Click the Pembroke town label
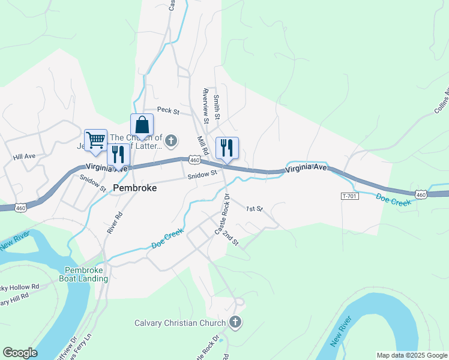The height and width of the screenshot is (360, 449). [x=134, y=188]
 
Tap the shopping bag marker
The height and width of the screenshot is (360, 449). [x=142, y=125]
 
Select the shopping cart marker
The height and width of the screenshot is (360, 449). [x=95, y=140]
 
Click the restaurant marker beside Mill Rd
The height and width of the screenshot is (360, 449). [x=227, y=148]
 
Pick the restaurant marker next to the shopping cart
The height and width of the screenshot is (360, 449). [x=118, y=154]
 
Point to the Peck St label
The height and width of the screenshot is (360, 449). [x=168, y=110]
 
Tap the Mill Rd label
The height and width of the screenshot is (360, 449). [x=203, y=146]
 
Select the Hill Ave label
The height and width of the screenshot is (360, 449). [x=25, y=157]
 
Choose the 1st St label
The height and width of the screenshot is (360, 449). [x=255, y=209]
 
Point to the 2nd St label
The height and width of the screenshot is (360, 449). [x=231, y=238]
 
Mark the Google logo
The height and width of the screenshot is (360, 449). [x=20, y=353]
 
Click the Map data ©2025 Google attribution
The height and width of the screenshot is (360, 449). [x=412, y=355]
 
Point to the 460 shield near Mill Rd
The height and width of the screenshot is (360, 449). [x=193, y=160]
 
